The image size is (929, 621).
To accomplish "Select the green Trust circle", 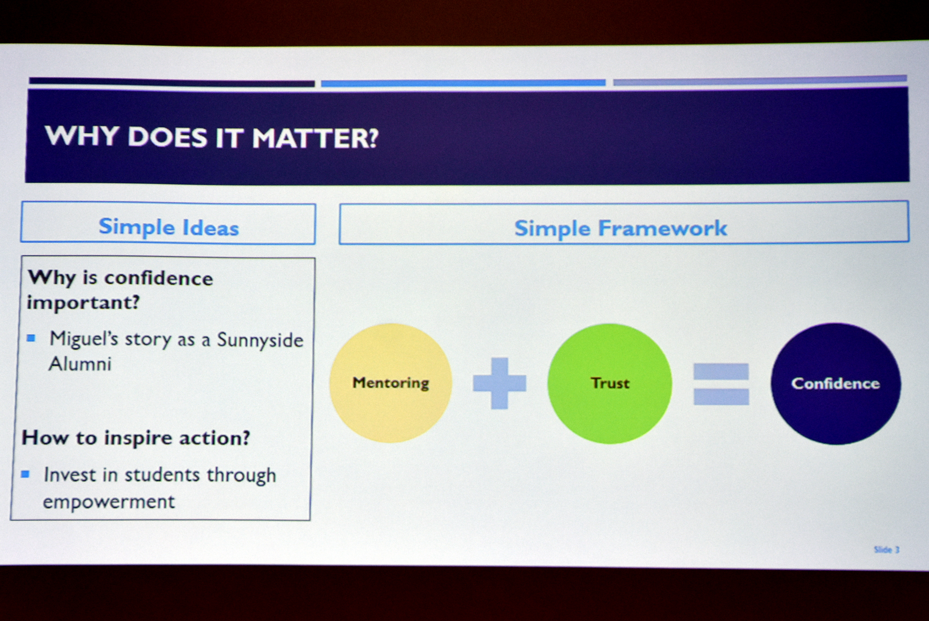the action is pos(609,383).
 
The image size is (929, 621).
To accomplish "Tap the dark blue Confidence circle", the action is pos(836,383).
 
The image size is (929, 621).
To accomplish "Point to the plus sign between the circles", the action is pos(499,383).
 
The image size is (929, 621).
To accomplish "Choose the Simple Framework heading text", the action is pos(621,228).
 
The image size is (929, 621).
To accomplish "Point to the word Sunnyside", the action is pos(260,340).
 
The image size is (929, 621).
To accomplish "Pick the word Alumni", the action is pos(80,364).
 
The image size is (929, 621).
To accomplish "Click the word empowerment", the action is pos(108,502).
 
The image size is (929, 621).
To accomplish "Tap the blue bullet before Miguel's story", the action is pos(31,338).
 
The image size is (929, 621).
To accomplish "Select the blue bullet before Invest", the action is pos(25,474).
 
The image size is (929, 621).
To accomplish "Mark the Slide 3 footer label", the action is pos(887,550).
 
